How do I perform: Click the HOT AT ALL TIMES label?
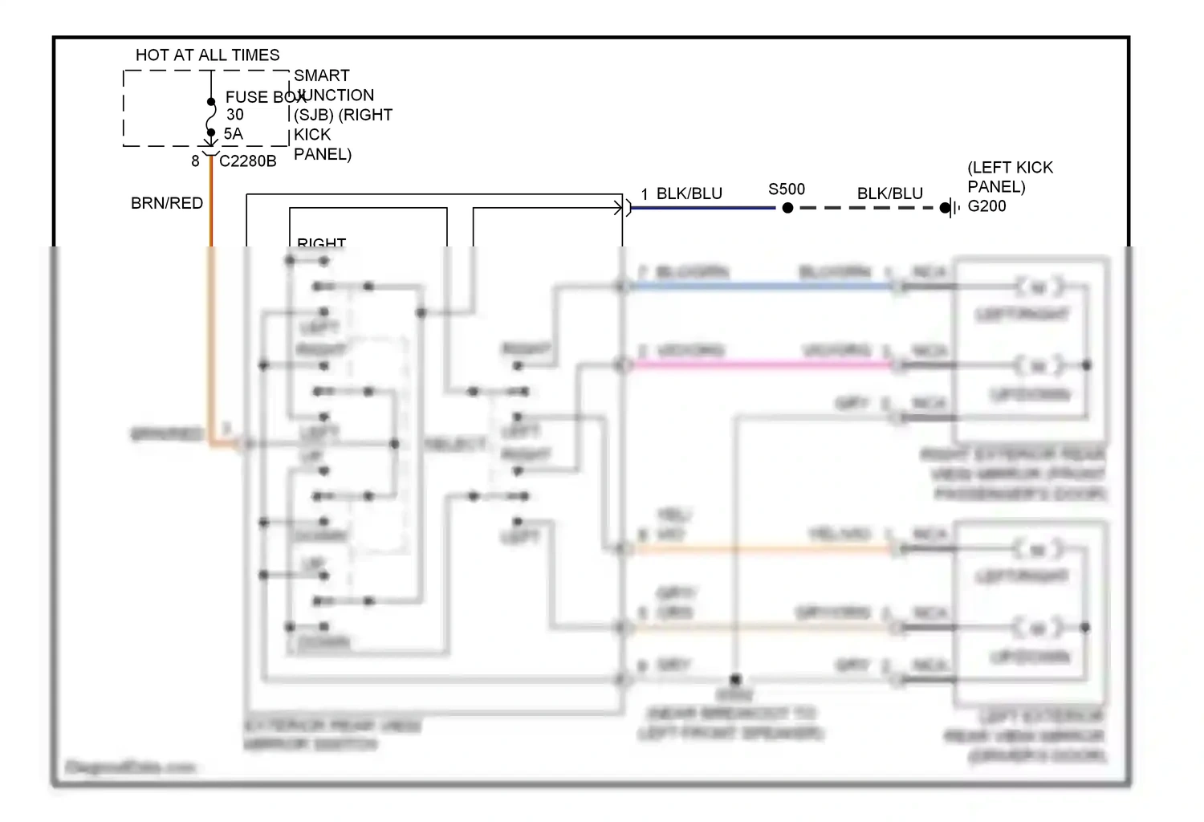207,55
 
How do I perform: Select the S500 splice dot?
787,208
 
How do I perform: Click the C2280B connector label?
247,161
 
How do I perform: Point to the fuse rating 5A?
233,134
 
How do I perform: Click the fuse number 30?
234,115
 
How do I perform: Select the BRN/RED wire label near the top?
167,203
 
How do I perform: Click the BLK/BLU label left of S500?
689,193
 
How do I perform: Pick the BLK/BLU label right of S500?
889,193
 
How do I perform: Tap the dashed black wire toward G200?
867,208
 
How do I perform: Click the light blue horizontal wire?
763,286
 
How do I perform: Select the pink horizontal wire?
763,364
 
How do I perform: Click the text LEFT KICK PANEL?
1009,177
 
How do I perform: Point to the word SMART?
321,75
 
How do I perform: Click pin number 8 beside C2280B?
195,161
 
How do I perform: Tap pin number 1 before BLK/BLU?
645,194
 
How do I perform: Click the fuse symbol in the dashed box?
211,117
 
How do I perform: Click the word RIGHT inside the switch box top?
321,242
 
